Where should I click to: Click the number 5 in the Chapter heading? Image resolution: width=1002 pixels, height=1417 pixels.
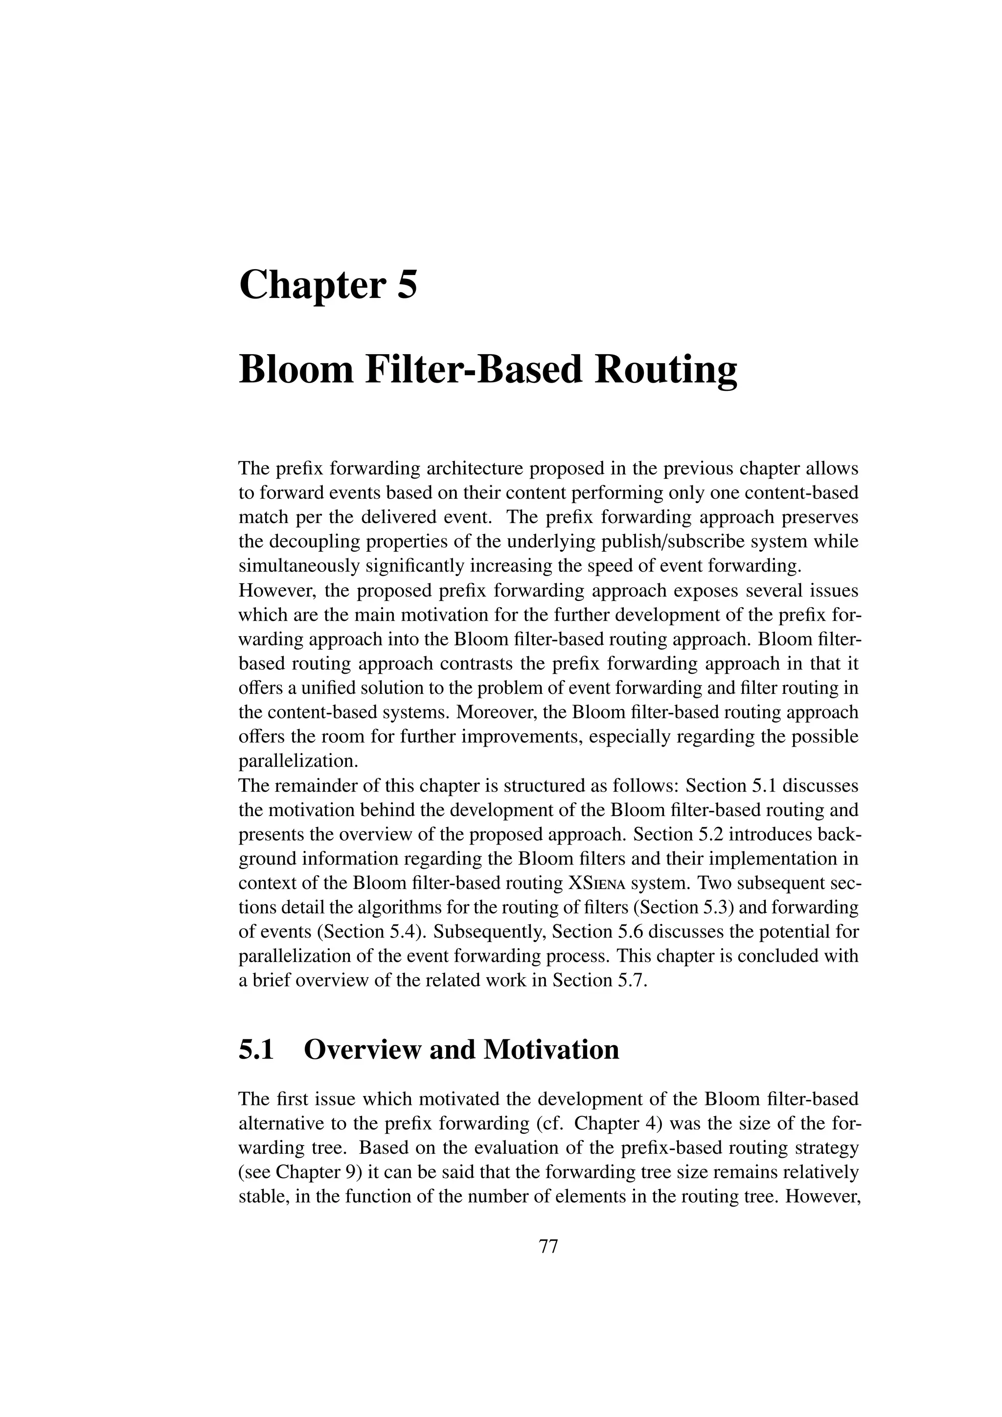click(407, 286)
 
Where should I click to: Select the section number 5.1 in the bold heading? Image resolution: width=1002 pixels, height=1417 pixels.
click(256, 1049)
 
